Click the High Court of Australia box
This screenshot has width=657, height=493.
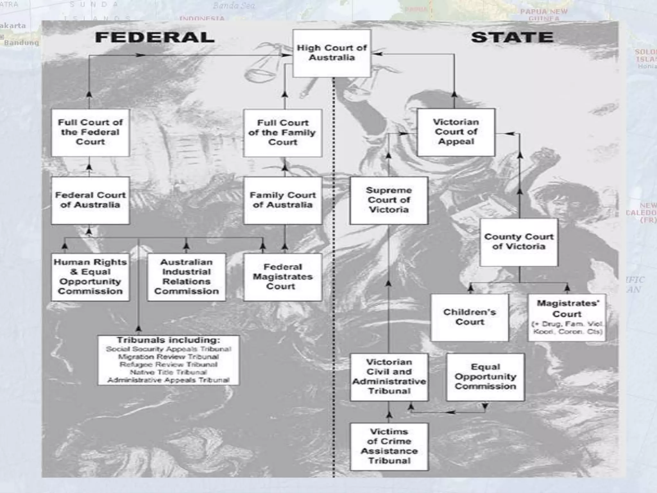tap(332, 53)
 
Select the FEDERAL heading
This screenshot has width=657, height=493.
tap(155, 38)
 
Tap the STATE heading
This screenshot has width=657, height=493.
tap(512, 37)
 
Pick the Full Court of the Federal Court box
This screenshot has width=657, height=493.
tap(90, 132)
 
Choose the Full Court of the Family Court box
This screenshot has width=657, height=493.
tap(282, 133)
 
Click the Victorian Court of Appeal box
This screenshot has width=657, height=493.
tap(456, 132)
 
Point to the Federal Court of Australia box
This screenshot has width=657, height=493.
tap(90, 200)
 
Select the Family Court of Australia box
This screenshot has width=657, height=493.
tap(282, 200)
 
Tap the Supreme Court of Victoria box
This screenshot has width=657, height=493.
tap(389, 200)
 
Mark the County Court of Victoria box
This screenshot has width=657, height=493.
tap(519, 242)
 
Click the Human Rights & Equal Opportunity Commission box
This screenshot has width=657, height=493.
tap(90, 277)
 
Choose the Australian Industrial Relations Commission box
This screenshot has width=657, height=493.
tap(186, 277)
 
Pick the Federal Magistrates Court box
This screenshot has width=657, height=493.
tap(282, 277)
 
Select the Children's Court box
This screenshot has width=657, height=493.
tap(469, 317)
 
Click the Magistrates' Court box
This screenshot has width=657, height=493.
tap(567, 317)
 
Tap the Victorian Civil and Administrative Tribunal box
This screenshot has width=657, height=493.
tap(389, 377)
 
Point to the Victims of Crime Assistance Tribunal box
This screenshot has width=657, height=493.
tap(389, 446)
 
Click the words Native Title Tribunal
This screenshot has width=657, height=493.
tap(168, 372)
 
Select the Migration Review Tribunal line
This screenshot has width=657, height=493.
tap(168, 357)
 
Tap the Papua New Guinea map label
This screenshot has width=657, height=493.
tap(544, 15)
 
